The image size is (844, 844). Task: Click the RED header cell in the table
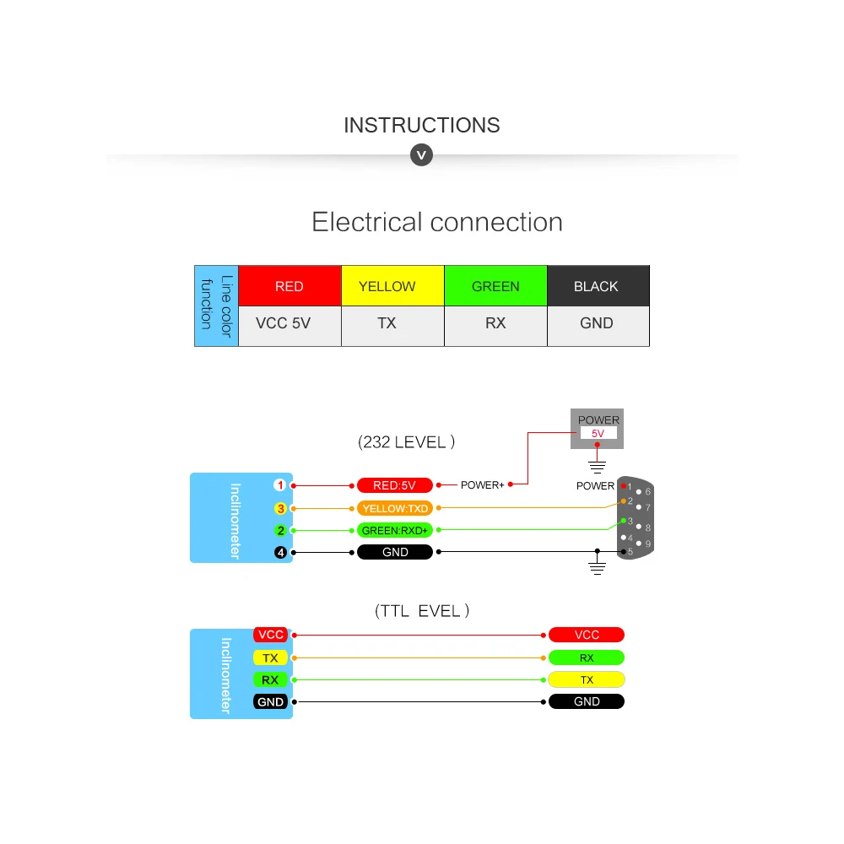(289, 286)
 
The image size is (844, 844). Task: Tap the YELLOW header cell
(393, 286)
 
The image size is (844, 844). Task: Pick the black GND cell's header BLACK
(598, 286)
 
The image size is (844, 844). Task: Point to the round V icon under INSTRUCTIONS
(421, 155)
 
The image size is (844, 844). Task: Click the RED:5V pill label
(394, 485)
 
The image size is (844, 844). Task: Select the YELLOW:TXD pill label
(394, 508)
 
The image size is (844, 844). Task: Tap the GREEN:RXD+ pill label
(394, 530)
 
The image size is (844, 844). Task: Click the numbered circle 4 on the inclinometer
(280, 552)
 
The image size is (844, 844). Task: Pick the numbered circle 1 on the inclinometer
(280, 485)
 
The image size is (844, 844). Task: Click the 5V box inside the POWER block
(598, 433)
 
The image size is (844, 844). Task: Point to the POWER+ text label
(482, 485)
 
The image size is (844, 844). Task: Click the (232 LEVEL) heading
(407, 442)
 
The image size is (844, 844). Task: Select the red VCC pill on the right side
(587, 635)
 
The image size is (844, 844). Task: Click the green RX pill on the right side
(587, 657)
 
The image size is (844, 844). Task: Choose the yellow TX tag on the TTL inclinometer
(270, 657)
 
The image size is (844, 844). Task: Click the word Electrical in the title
(367, 222)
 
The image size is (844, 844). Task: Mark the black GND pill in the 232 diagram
(394, 552)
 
